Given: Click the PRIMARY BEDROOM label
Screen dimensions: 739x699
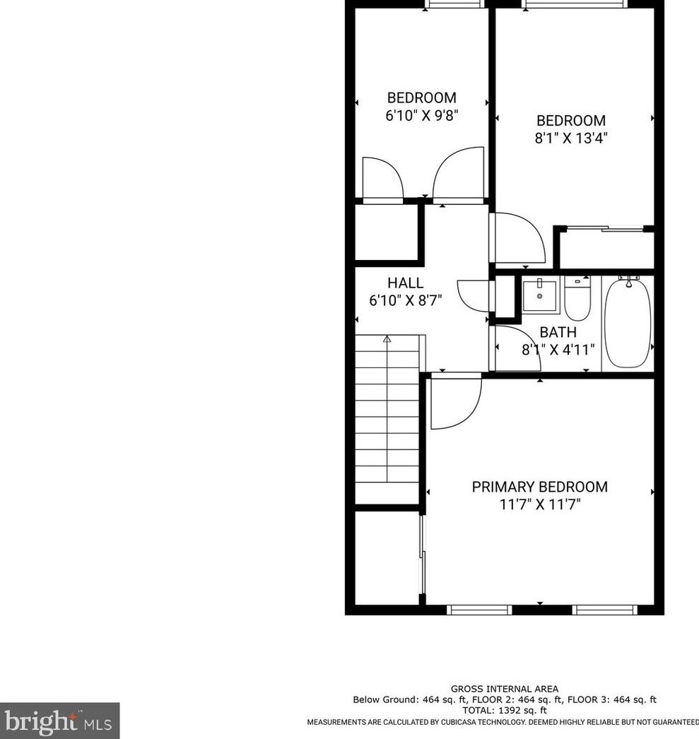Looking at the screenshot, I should pos(539,487).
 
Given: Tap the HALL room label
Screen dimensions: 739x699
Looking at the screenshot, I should pos(405,283).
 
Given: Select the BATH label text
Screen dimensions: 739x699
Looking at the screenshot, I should pos(558,332).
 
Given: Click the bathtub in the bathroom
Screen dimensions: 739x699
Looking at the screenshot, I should pos(628,324).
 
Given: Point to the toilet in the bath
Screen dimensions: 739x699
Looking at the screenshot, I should pos(577,299).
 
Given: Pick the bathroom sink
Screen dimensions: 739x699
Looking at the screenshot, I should pos(539,296).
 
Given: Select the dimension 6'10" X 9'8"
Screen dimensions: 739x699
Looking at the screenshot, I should pos(421,116).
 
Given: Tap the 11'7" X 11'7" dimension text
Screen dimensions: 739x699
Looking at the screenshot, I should pos(539,505).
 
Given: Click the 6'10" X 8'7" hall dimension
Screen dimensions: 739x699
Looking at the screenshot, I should pos(405,300).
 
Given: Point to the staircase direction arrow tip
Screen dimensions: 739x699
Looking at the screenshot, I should pos(387,338).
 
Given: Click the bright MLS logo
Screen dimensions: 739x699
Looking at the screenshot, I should pos(59,721).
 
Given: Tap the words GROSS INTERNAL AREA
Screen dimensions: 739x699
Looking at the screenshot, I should pos(505,689).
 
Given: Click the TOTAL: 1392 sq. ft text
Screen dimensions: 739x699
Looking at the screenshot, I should pos(505,710).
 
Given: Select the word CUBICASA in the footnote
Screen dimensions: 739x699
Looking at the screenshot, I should pos(456,722).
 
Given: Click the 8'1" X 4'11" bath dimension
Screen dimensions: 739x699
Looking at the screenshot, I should pos(558,349).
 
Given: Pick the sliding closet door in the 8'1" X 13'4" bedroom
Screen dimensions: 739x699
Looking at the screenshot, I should pos(606,228).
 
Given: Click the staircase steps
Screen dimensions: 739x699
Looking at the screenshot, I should pos(387,424).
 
